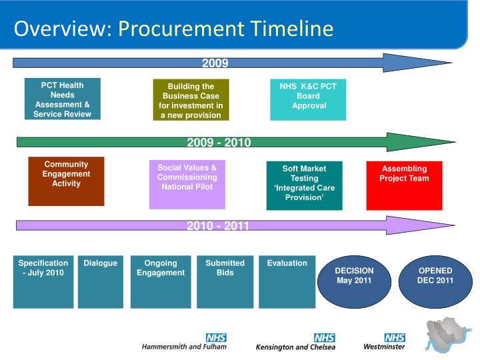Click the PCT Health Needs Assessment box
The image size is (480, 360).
point(63,99)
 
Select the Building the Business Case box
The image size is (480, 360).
point(191,100)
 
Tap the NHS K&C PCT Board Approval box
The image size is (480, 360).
point(308,100)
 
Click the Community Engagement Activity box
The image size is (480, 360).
point(66,181)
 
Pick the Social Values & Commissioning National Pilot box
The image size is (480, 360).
point(187,185)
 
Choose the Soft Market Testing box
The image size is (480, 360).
point(304,185)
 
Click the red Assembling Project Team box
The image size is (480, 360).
point(404,185)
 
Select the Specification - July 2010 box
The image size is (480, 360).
point(43,281)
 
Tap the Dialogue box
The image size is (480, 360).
point(101,281)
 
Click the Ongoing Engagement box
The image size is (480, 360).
point(161,281)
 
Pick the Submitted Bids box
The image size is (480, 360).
point(225,281)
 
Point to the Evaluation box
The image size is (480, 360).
point(287,281)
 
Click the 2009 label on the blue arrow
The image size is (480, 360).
point(215,63)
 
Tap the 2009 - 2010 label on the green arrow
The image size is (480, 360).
point(219,142)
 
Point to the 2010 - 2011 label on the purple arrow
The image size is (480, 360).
point(218,225)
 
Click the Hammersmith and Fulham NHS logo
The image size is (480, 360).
point(185,342)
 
